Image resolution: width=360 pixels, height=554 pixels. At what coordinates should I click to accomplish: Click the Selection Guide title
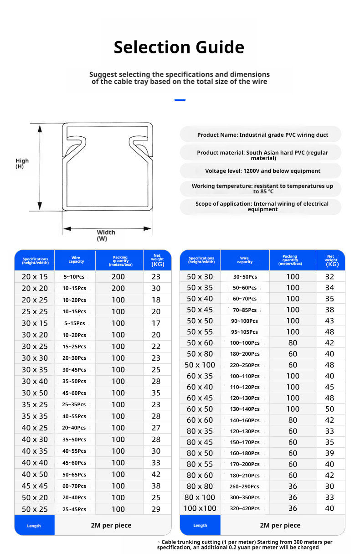tap(179, 47)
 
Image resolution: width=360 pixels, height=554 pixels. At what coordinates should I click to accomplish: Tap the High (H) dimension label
tap(22, 163)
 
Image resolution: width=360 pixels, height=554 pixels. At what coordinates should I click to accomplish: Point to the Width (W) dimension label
tap(106, 235)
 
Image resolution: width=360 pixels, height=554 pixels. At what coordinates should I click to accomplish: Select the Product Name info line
tap(262, 135)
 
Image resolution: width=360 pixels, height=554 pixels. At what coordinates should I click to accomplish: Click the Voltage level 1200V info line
tap(262, 171)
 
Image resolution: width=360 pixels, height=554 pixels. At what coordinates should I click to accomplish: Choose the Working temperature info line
tap(262, 189)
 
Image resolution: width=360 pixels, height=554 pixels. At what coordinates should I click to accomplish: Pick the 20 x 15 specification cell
tap(35, 277)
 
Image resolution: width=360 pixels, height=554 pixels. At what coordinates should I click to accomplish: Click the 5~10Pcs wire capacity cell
tap(74, 277)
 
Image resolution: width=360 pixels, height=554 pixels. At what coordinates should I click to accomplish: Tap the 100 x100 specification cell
tap(200, 508)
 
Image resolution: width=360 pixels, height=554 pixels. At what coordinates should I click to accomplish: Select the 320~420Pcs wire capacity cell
tap(244, 508)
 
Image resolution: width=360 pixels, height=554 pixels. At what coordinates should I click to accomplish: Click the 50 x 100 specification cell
tap(200, 365)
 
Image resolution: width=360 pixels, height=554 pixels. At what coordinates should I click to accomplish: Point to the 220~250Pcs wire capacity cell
tap(244, 365)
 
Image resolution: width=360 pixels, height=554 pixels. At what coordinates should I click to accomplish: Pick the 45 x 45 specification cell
tap(35, 486)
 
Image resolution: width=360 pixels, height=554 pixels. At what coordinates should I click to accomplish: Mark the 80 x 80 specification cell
tap(200, 486)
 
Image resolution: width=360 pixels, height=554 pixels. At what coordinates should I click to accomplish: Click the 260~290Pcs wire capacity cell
tap(244, 487)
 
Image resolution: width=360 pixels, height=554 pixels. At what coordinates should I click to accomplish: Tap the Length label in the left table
tap(34, 526)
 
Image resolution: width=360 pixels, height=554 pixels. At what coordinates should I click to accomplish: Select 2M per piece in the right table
tap(280, 525)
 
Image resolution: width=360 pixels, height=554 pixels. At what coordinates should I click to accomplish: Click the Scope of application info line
tap(262, 207)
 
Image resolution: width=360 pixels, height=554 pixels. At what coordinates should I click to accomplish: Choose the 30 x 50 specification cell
tap(35, 393)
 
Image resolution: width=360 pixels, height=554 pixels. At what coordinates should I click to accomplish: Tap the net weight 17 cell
tap(156, 323)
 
